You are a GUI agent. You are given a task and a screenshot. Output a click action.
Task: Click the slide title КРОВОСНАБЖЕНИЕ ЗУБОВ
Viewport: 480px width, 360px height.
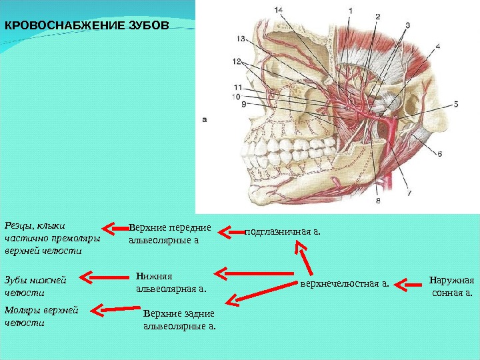(x=87, y=27)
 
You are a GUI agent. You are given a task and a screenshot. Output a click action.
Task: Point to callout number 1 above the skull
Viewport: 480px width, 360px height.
(x=350, y=10)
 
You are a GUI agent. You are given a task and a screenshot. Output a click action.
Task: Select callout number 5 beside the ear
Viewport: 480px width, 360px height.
(x=457, y=105)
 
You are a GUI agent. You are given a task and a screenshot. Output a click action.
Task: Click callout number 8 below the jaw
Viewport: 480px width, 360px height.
(x=379, y=199)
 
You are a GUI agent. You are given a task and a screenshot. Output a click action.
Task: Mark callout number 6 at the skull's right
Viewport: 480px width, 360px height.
(x=440, y=153)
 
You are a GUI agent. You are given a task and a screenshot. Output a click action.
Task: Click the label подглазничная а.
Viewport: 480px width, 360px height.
(x=283, y=232)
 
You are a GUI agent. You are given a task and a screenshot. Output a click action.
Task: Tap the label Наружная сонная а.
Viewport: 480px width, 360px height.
(x=451, y=285)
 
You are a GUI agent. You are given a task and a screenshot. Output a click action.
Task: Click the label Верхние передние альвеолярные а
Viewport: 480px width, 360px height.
(x=170, y=233)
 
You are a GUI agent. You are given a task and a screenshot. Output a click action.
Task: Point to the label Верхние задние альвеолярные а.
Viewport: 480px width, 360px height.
(x=179, y=320)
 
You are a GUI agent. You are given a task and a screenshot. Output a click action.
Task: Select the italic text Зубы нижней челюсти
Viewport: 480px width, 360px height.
(x=34, y=285)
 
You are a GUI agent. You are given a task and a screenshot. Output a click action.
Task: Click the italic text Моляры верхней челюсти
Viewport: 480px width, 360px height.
(x=41, y=316)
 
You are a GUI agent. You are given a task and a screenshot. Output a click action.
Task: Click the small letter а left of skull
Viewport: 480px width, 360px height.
(x=205, y=121)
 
